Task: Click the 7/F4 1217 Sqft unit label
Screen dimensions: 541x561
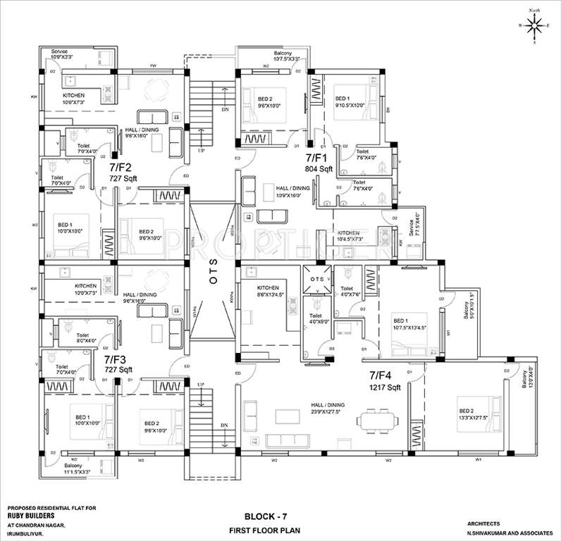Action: [385, 382]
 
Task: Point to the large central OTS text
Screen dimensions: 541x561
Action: [213, 279]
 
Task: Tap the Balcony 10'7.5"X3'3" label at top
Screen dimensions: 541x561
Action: [288, 56]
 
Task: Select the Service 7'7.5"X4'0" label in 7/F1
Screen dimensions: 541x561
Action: [415, 228]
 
